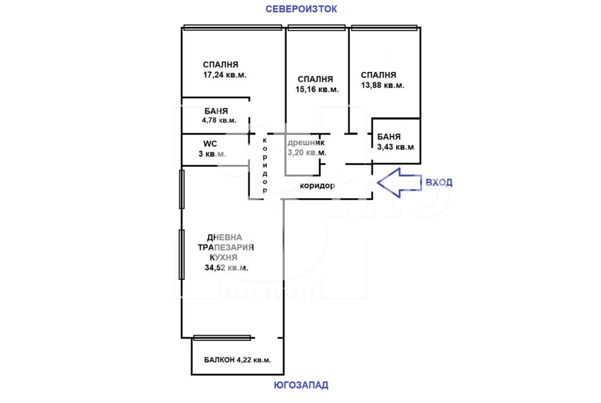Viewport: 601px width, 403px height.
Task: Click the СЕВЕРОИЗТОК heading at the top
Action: (x=301, y=9)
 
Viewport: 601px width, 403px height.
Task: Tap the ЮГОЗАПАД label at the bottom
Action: (x=300, y=385)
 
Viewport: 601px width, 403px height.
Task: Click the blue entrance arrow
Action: (x=399, y=183)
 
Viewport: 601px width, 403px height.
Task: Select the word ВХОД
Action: (x=438, y=183)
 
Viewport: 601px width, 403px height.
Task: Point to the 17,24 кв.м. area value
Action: (x=224, y=75)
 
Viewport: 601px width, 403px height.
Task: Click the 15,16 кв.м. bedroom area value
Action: (x=317, y=89)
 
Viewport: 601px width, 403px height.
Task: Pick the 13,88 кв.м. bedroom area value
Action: (x=382, y=85)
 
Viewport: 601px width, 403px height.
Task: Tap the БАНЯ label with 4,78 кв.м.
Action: (x=216, y=111)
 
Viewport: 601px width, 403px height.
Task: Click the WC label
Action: (x=211, y=143)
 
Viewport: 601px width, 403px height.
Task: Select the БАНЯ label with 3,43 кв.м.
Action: (x=389, y=137)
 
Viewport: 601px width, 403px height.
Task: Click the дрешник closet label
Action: (x=306, y=143)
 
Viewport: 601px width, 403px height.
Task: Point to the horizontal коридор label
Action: (x=317, y=186)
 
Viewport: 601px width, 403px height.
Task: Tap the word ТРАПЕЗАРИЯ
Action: (x=226, y=247)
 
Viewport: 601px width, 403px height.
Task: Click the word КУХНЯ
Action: (x=226, y=258)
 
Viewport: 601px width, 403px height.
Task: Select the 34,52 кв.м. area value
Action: (x=226, y=268)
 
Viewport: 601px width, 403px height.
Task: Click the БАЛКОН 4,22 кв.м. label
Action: (x=237, y=360)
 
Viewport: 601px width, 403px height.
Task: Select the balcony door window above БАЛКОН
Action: (x=222, y=337)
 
